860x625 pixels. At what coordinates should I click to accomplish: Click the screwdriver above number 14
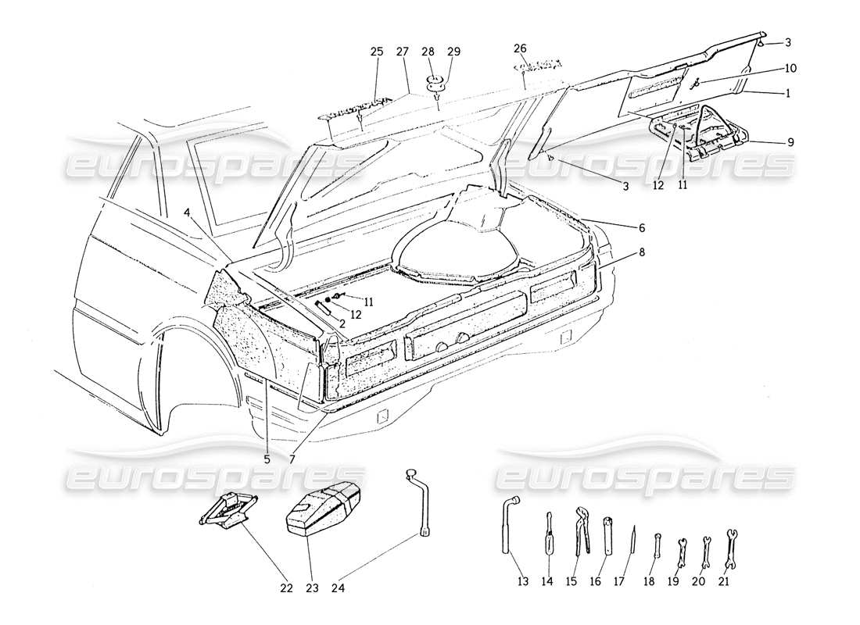pyautogui.click(x=549, y=533)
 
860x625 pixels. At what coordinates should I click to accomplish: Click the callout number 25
pyautogui.click(x=377, y=52)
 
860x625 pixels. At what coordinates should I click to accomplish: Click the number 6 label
pyautogui.click(x=641, y=227)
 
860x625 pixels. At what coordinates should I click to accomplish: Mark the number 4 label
pyautogui.click(x=188, y=212)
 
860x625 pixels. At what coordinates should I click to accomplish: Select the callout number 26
pyautogui.click(x=520, y=48)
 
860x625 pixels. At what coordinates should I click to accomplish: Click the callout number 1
pyautogui.click(x=787, y=93)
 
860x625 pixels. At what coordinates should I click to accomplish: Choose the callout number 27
pyautogui.click(x=403, y=52)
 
